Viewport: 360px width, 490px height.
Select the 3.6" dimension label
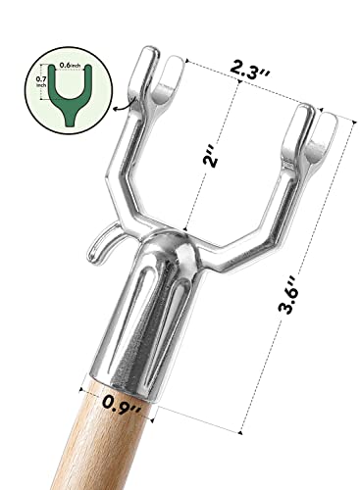[288, 294]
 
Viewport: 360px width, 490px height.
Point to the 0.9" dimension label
[122, 405]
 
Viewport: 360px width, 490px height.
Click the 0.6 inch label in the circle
[70, 66]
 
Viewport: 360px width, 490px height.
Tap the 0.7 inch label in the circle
[41, 81]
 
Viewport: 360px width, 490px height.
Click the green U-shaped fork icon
[70, 95]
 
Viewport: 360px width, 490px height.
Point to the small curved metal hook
[101, 240]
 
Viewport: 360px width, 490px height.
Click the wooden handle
[98, 441]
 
